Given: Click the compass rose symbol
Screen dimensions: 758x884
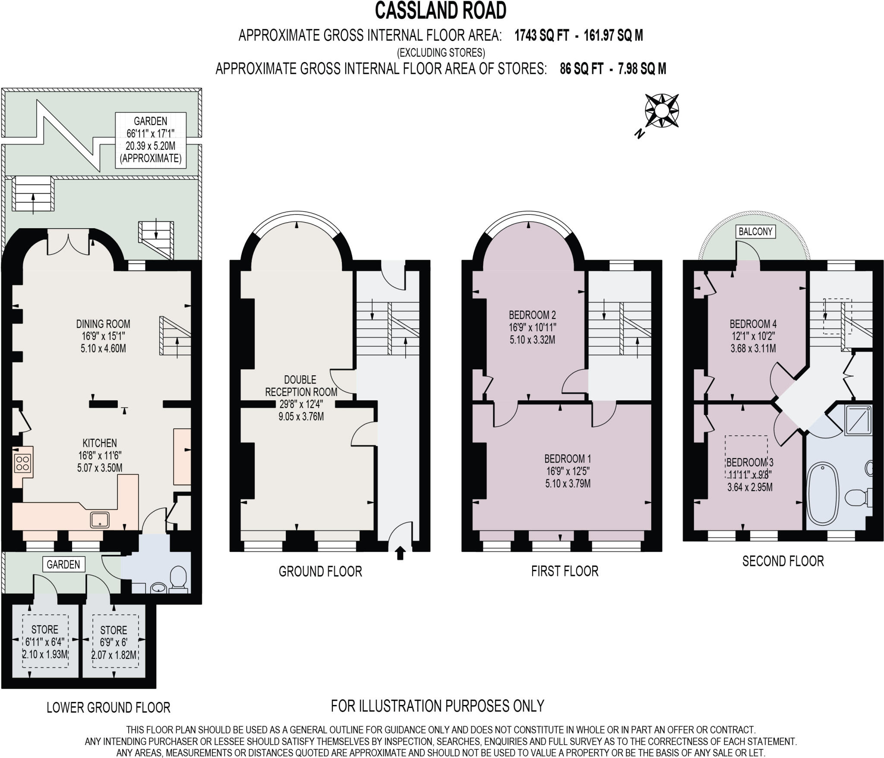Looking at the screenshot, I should pos(661,111).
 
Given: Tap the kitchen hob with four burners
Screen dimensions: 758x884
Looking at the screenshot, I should pos(22,463).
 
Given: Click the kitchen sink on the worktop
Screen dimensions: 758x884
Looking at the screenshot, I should pos(100,519).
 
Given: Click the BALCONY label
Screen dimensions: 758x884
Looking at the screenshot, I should pos(755,232).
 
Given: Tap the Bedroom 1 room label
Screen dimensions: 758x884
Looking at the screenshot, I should pos(567,471).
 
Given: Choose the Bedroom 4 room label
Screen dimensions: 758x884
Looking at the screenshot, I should pos(753,336).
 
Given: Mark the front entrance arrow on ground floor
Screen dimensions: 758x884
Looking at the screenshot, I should pos(400,553).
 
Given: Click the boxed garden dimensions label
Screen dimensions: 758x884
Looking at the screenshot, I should pos(151,140).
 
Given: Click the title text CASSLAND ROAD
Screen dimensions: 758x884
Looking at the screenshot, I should pos(440,11).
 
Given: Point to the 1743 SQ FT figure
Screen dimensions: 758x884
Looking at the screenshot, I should pos(541,36).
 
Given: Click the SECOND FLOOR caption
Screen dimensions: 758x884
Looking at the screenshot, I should pos(783,561).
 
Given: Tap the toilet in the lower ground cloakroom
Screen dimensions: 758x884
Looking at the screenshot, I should pos(178,579).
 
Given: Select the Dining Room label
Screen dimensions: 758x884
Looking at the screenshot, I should pos(103,336).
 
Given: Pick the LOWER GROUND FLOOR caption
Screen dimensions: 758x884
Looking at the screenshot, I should pos(108,708).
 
